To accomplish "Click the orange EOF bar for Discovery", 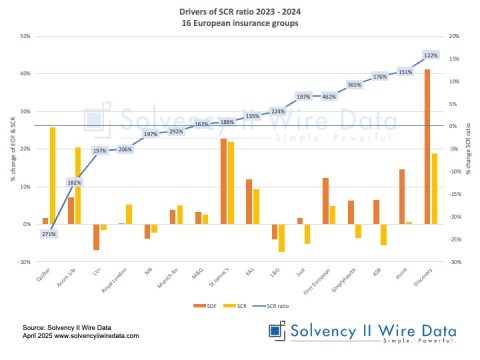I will [428, 146].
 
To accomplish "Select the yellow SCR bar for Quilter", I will [53, 175].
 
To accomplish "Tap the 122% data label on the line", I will [431, 55].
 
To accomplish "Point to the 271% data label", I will [48, 234].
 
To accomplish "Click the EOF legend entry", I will [199, 304].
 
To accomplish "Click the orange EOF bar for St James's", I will [223, 181].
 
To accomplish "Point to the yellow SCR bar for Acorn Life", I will [78, 186].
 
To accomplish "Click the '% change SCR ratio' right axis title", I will [472, 150].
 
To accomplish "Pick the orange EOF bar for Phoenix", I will [402, 196].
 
